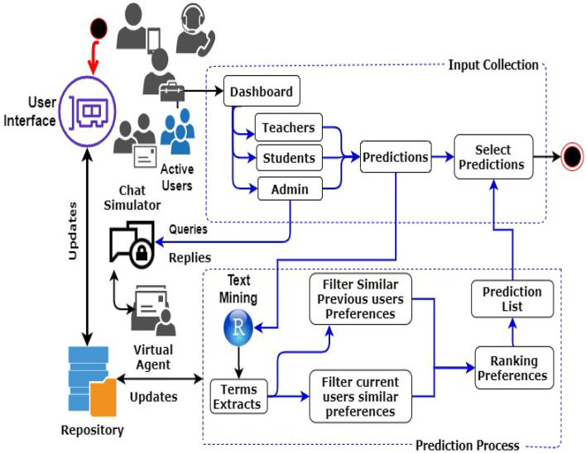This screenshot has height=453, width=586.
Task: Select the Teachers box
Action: coord(288,128)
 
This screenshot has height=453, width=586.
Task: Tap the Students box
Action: coord(288,158)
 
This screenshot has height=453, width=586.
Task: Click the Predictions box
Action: coord(395,157)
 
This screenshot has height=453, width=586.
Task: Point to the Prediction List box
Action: coord(512,299)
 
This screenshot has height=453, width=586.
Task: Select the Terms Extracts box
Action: coord(237,398)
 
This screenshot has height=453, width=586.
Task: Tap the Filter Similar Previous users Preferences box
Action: coord(360,299)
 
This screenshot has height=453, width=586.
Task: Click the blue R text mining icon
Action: coord(238,329)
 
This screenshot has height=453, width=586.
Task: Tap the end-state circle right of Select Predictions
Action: coord(570,155)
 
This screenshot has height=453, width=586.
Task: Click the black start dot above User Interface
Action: coord(98,31)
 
